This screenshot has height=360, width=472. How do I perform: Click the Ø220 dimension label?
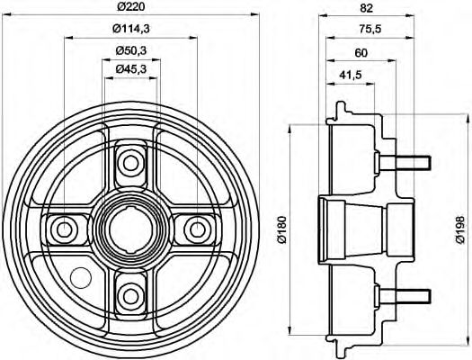[131, 9]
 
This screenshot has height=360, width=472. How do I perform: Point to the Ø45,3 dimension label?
[131, 69]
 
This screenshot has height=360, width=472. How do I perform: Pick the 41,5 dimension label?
[351, 76]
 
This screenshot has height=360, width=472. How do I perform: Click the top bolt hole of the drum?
[131, 163]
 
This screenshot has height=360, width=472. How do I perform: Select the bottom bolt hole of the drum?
[131, 292]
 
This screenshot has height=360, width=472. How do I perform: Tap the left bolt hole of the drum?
[66, 228]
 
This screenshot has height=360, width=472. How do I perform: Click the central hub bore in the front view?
[130, 229]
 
